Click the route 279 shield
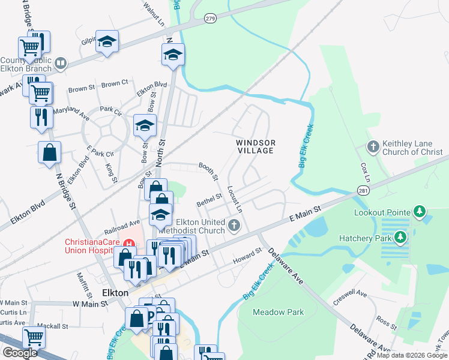[x=209, y=19]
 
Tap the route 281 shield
[x=364, y=190]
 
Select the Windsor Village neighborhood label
[x=255, y=146]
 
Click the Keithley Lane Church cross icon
[x=373, y=146]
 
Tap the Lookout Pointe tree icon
[x=420, y=212]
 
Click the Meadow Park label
[x=278, y=312]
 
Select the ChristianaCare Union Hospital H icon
[x=128, y=244]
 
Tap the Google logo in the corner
[x=20, y=353]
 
